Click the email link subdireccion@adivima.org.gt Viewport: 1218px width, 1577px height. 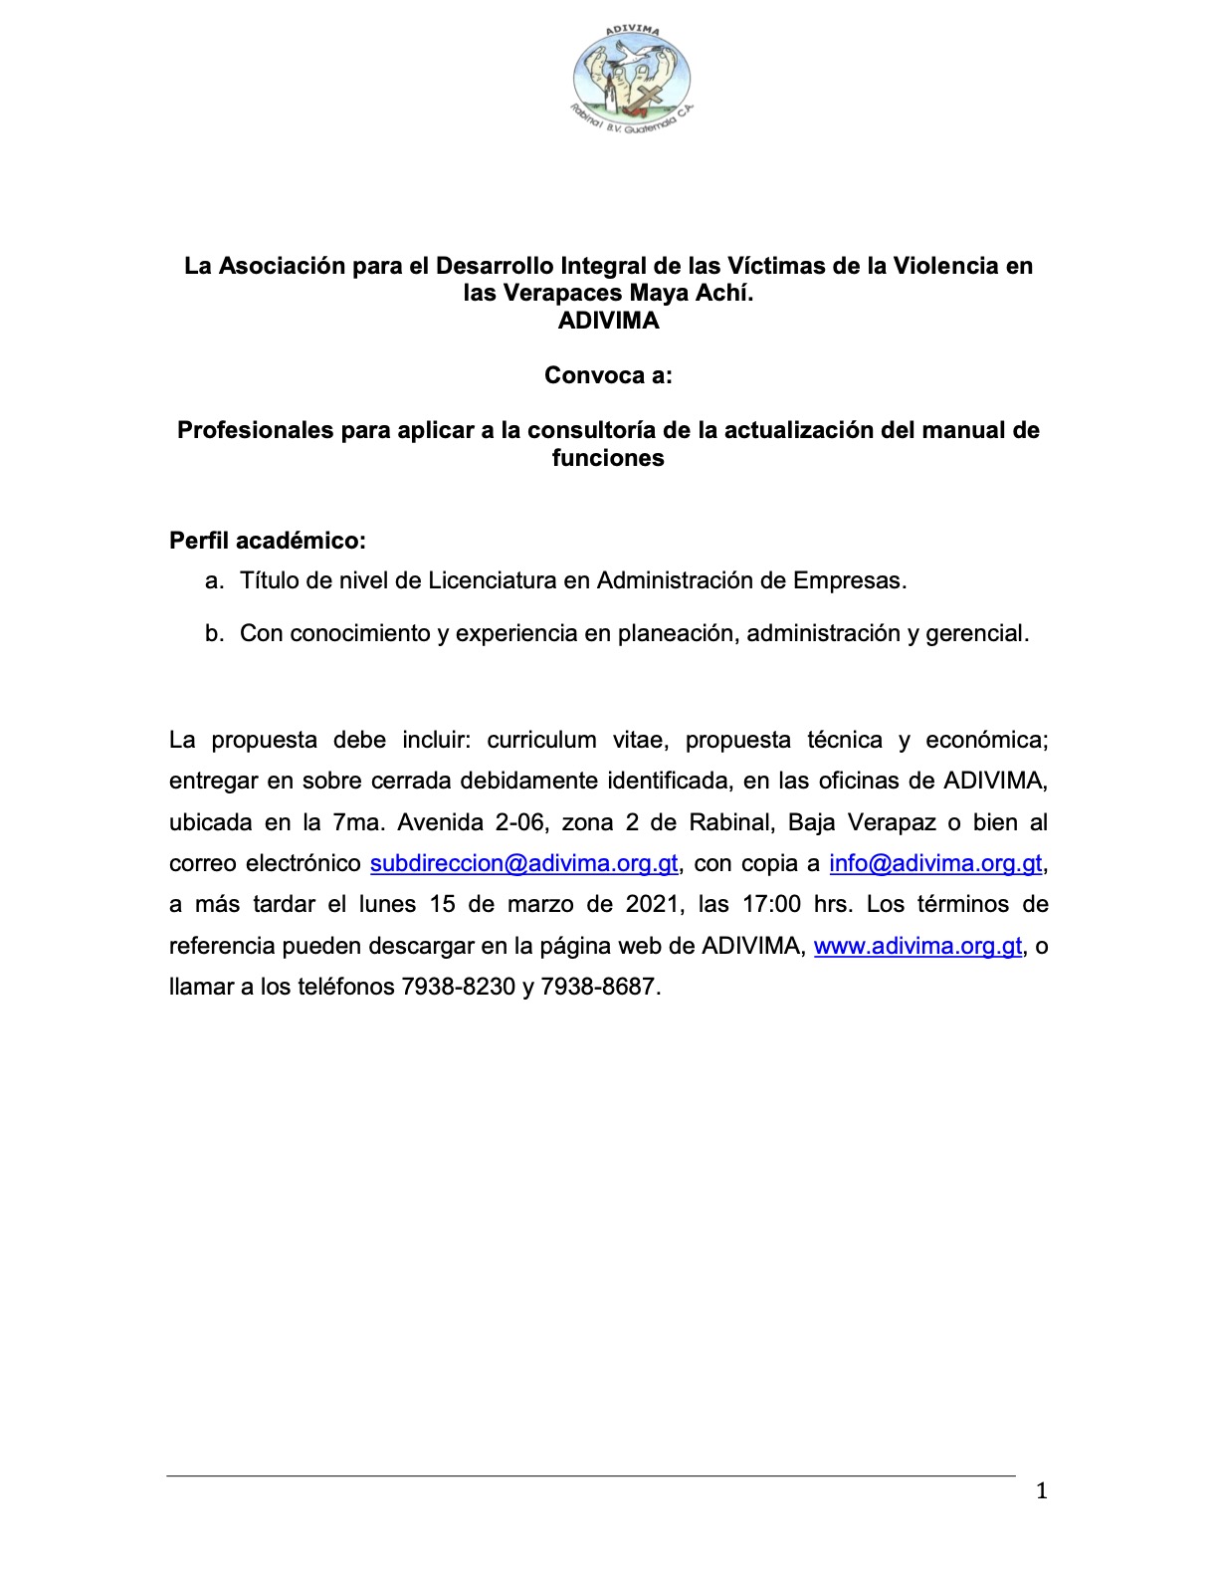point(523,863)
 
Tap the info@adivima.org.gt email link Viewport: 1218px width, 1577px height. point(935,863)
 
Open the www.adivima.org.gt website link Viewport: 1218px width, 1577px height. point(917,946)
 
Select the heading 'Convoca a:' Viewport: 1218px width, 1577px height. point(608,375)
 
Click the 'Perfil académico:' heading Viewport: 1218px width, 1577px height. point(268,541)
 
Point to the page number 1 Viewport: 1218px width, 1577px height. point(1042,1490)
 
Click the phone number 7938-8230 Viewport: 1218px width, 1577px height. point(458,988)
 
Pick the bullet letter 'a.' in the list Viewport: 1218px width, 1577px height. point(214,580)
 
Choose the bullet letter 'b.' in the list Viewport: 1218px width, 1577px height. point(214,633)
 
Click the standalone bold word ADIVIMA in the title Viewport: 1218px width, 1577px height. point(608,321)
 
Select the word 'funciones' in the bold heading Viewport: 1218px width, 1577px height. point(608,458)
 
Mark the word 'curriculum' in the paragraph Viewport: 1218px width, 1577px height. point(541,740)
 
